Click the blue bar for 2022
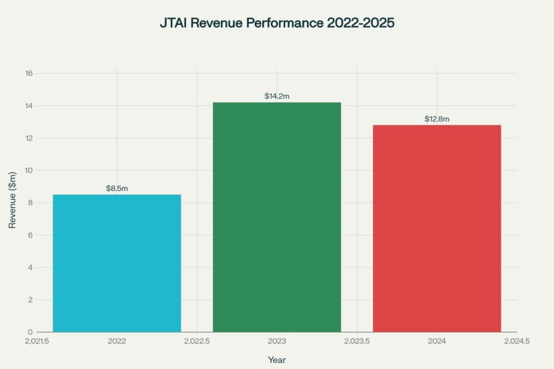(117, 263)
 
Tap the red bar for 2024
(437, 229)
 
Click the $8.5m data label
(117, 189)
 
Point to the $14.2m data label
(276, 96)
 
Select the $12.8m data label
(437, 119)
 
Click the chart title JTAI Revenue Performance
(276, 24)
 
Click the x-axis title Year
(276, 360)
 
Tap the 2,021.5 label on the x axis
(37, 341)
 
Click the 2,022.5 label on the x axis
(196, 341)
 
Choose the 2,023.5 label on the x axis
(357, 341)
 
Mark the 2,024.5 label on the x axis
(516, 341)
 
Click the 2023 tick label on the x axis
(276, 341)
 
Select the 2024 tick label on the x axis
(437, 341)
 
